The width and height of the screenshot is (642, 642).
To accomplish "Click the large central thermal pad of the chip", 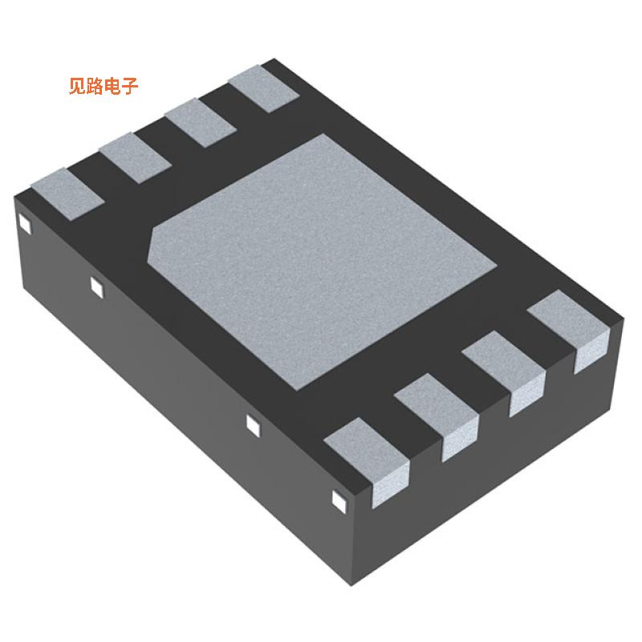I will coord(321,257).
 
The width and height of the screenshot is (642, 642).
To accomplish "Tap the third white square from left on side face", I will coord(252,425).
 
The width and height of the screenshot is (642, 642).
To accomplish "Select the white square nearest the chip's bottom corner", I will coord(338,501).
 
